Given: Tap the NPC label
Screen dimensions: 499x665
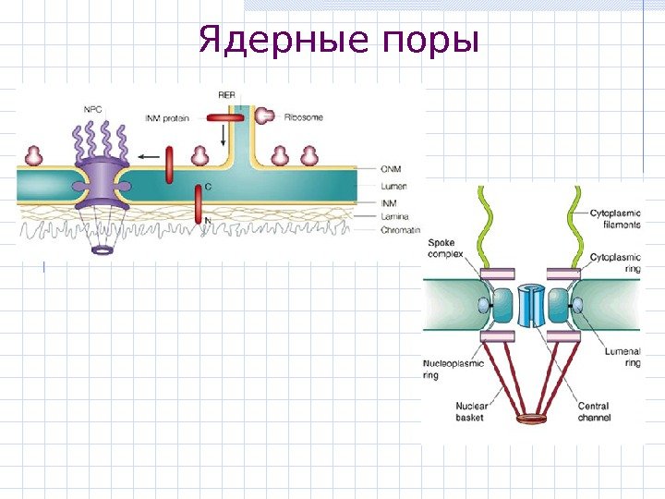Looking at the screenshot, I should (93, 108).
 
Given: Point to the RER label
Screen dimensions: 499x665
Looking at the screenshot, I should (227, 95).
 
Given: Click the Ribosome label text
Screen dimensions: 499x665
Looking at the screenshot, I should (304, 117).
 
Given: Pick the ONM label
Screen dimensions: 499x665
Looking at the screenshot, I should (392, 168).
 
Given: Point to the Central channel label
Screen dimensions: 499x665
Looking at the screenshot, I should (593, 411).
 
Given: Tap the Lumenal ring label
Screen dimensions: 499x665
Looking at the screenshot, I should (621, 358).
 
